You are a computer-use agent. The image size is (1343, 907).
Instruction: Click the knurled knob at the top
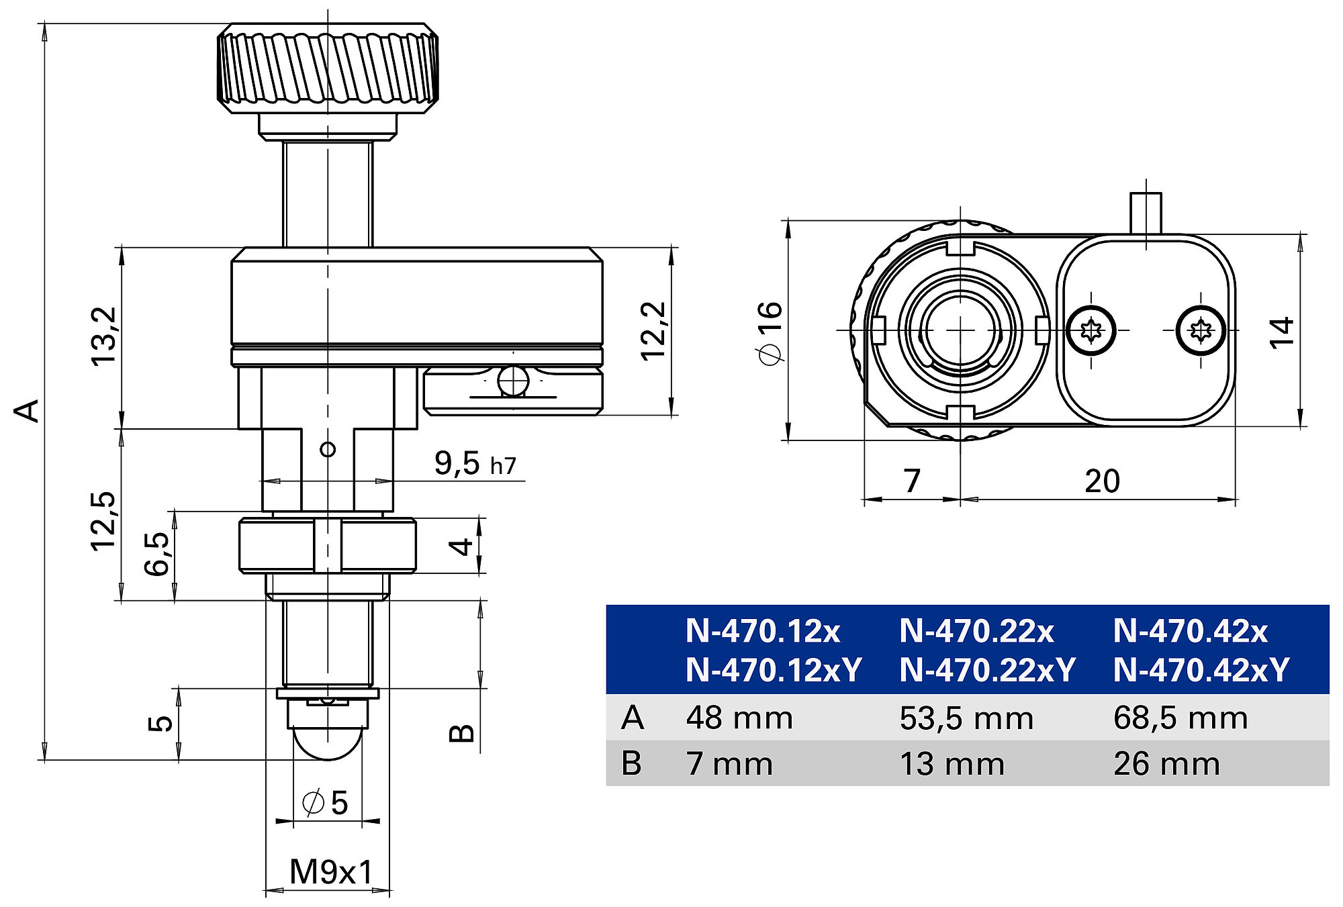[x=328, y=67]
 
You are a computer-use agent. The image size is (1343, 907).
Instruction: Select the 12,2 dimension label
[x=653, y=332]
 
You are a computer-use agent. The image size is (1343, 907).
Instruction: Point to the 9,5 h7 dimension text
[x=475, y=463]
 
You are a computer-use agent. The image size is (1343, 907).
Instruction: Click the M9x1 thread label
[x=331, y=872]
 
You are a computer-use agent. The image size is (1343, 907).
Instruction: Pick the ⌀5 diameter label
[x=326, y=802]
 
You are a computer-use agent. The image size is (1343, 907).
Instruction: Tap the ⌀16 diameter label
[x=770, y=333]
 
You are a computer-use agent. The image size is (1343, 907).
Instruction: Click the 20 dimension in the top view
[x=1102, y=481]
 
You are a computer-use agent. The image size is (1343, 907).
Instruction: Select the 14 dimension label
[x=1281, y=332]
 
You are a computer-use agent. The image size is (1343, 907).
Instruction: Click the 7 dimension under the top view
[x=911, y=481]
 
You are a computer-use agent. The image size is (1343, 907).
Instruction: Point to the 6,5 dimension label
[x=156, y=554]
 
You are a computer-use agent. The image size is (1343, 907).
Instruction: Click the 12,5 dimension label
[x=103, y=522]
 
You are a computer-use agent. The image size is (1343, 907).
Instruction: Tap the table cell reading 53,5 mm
[x=966, y=718]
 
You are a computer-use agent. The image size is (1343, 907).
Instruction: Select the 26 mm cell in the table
[x=1166, y=764]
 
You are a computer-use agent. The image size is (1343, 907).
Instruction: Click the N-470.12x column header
[x=763, y=631]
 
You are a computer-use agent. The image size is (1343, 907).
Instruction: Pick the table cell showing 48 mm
[x=739, y=718]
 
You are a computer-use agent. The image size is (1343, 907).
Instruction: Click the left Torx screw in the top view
[x=1091, y=330]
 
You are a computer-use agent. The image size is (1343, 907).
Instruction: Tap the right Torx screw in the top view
[x=1201, y=330]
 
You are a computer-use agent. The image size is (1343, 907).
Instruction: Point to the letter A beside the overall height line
[x=28, y=411]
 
